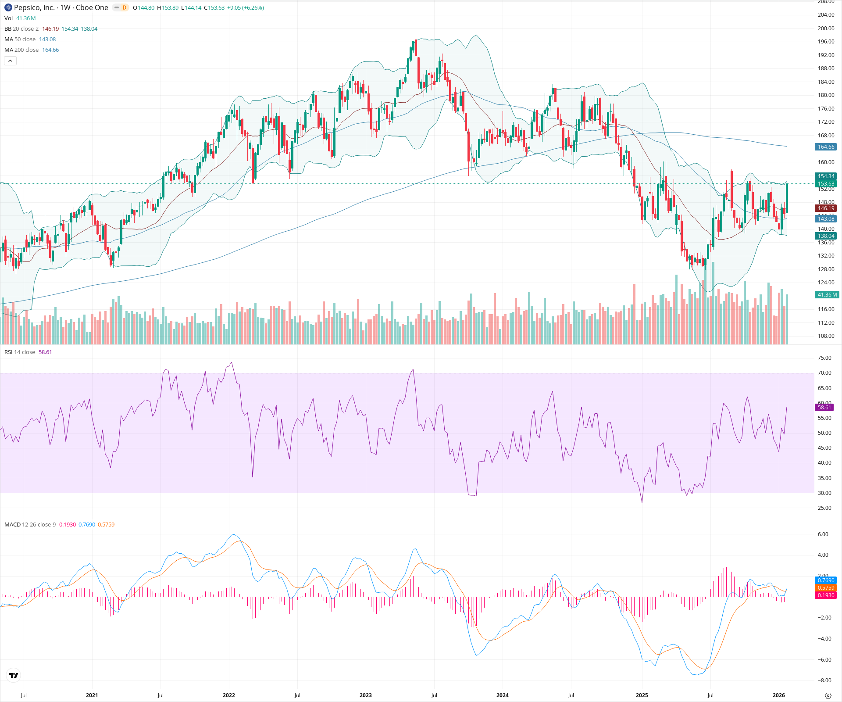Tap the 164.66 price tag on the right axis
[826, 147]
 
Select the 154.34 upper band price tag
[826, 176]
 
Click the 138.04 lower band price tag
[826, 236]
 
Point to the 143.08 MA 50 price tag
[826, 218]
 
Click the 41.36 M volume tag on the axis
[827, 295]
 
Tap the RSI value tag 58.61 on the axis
[824, 408]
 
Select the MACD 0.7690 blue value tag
[826, 580]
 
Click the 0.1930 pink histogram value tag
[826, 595]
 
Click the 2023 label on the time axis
[365, 695]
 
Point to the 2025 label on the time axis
[642, 695]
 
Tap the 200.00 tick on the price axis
[826, 29]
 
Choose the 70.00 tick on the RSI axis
[824, 373]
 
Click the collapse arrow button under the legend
[11, 61]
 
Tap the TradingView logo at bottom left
[14, 675]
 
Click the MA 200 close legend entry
[21, 50]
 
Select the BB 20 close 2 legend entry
[21, 29]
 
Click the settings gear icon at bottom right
[828, 695]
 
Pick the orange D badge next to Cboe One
[125, 7]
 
